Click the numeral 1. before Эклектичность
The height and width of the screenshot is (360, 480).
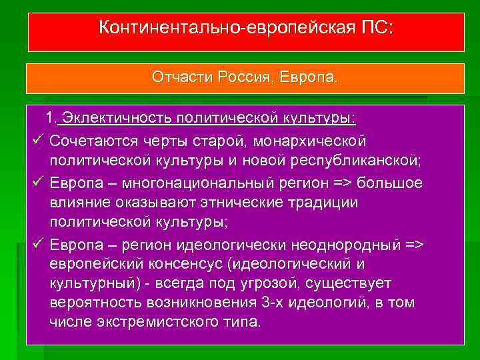click(51, 119)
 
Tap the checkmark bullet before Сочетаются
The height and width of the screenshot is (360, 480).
click(37, 141)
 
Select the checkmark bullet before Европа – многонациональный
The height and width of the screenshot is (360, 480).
click(37, 183)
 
